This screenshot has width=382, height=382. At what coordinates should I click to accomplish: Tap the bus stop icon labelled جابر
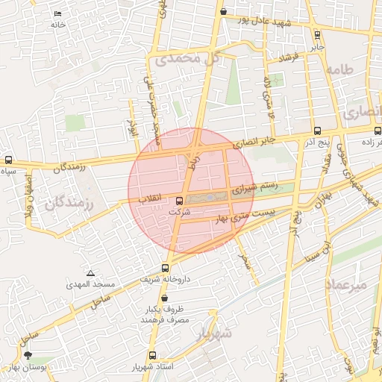click(x=318, y=34)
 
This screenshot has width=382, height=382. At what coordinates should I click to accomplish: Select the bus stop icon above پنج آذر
click(x=318, y=130)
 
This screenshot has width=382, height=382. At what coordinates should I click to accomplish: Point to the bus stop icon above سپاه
click(x=8, y=160)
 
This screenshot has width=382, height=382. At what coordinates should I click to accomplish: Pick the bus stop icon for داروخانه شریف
click(x=165, y=268)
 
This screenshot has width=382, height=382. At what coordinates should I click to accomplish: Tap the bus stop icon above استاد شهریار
click(x=153, y=356)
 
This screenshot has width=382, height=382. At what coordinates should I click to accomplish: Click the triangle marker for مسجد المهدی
click(x=90, y=274)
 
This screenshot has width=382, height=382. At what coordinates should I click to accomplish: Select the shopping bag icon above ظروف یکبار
click(x=164, y=298)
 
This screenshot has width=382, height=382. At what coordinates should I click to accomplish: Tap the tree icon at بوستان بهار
click(x=28, y=357)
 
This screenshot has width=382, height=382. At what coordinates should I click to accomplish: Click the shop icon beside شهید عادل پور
click(x=224, y=11)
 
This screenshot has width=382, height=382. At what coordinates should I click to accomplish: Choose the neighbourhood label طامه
click(x=350, y=71)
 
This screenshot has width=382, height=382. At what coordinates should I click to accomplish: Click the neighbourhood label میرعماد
click(x=346, y=285)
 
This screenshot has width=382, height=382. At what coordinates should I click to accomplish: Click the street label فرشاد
click(x=288, y=57)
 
